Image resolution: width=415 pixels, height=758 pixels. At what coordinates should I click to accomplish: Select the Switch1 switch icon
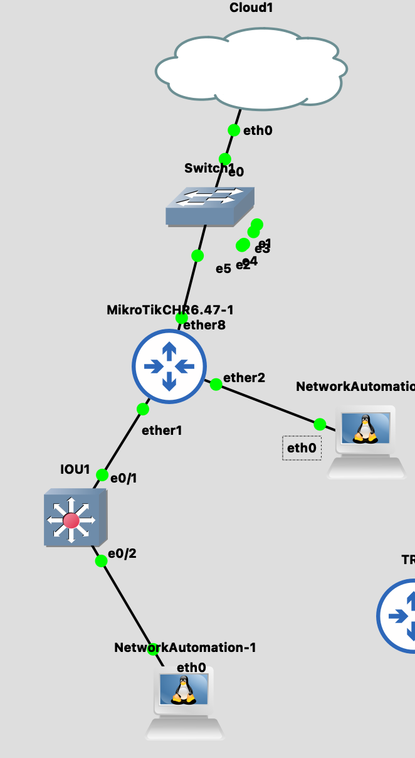pyautogui.click(x=210, y=206)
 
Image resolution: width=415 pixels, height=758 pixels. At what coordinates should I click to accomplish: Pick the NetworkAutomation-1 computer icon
pyautogui.click(x=184, y=703)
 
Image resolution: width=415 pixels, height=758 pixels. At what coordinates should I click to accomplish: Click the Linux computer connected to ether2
pyautogui.click(x=366, y=442)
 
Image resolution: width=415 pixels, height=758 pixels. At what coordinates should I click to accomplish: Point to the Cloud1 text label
pyautogui.click(x=251, y=8)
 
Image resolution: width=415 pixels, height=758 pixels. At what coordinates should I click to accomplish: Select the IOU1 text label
pyautogui.click(x=75, y=469)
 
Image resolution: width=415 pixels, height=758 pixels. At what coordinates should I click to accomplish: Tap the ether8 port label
pyautogui.click(x=204, y=325)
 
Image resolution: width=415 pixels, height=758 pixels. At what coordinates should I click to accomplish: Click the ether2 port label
pyautogui.click(x=244, y=378)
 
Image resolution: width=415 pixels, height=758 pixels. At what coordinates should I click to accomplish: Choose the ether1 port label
pyautogui.click(x=162, y=430)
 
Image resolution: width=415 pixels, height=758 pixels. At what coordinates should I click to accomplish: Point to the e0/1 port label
pyautogui.click(x=123, y=478)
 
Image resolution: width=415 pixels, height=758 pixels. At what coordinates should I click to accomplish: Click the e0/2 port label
pyautogui.click(x=122, y=553)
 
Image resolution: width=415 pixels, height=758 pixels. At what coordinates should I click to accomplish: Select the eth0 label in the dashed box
pyautogui.click(x=302, y=448)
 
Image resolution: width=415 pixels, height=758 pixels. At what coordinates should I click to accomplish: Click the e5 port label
pyautogui.click(x=223, y=269)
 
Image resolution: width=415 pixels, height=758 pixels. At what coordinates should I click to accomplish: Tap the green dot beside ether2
pyautogui.click(x=216, y=384)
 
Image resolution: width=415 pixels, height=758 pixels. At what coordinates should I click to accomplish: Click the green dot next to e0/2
pyautogui.click(x=101, y=561)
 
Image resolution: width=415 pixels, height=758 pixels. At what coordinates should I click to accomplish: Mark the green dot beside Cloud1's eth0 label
pyautogui.click(x=233, y=130)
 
